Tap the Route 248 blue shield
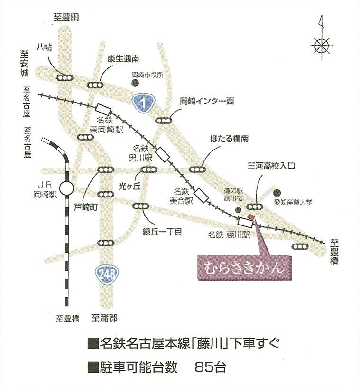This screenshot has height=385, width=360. (104, 274)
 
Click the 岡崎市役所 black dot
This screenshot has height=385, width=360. (135, 83)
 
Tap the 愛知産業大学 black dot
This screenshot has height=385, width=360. (278, 193)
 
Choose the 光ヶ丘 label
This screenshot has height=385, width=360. (129, 186)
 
